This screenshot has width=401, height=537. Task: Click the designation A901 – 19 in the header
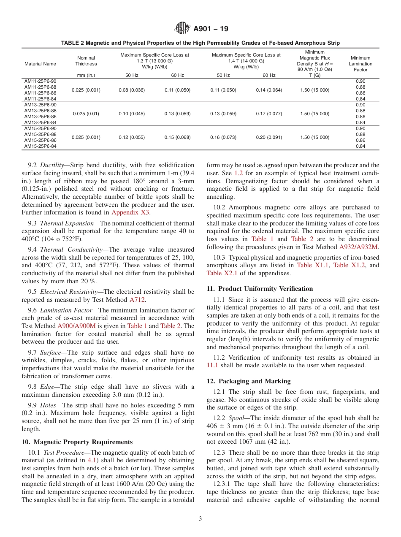click(x=211, y=29)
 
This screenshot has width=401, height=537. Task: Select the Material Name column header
click(x=40, y=64)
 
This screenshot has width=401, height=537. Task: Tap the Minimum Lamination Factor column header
click(x=360, y=64)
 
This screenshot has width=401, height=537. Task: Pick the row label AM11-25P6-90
click(x=40, y=81)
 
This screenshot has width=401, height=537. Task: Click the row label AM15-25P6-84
click(x=40, y=146)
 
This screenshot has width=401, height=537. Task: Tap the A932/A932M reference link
click(x=359, y=246)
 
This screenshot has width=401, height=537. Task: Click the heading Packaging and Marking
click(x=255, y=381)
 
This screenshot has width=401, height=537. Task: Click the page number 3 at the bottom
click(x=200, y=519)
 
